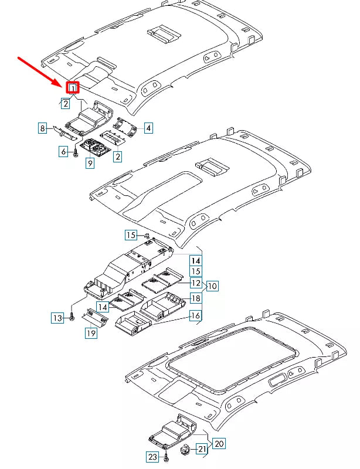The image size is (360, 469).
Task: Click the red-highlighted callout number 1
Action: (72, 88)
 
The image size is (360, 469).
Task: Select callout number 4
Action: (149, 127)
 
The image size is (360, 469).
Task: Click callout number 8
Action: (43, 127)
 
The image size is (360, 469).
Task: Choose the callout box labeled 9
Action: (90, 164)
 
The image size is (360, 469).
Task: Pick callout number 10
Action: (212, 286)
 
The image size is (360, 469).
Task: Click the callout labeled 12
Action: (195, 283)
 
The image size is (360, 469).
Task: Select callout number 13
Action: (57, 318)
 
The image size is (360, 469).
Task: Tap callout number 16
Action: (195, 316)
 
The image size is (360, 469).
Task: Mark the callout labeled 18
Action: (195, 299)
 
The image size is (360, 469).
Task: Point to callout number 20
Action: (218, 444)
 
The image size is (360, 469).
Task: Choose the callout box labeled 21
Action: (201, 449)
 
